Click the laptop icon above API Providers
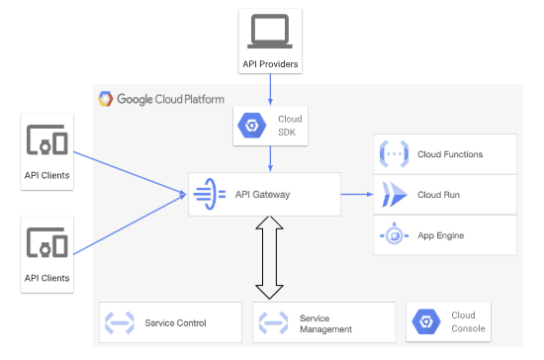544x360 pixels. [x=270, y=33]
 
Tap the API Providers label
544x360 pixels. [x=270, y=64]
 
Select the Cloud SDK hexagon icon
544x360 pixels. [x=250, y=127]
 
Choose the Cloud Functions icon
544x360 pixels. [x=394, y=154]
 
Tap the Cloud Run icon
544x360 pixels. [x=394, y=195]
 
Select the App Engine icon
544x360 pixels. [x=394, y=235]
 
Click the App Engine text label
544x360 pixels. [x=441, y=235]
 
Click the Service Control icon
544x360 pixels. [x=121, y=322]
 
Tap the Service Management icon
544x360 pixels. [x=273, y=322]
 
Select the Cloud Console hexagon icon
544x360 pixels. [x=426, y=322]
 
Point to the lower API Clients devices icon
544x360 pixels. [x=46, y=243]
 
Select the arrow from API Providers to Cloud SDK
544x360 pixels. [x=270, y=90]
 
